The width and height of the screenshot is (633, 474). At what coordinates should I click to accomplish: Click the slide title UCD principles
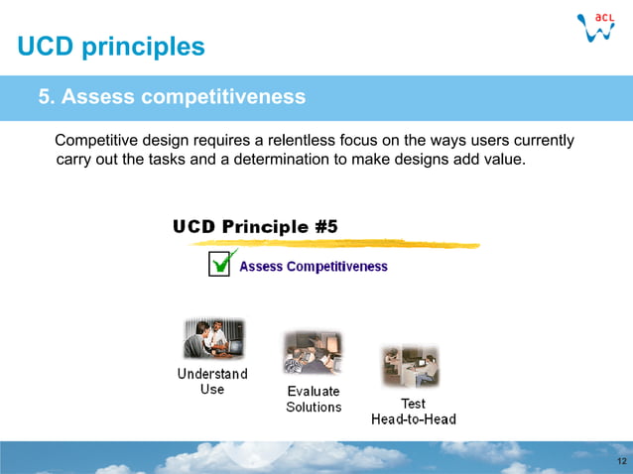(111, 46)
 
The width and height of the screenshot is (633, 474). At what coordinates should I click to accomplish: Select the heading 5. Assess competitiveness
(171, 97)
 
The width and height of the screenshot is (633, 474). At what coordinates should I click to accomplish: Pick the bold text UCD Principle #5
(255, 226)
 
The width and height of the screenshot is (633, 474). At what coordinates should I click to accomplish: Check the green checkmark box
(221, 264)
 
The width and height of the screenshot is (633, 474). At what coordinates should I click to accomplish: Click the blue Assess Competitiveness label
(314, 266)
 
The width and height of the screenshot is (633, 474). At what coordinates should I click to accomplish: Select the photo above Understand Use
(212, 340)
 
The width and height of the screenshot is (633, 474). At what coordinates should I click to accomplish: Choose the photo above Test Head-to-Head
(411, 366)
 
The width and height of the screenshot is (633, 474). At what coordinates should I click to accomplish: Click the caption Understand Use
(212, 382)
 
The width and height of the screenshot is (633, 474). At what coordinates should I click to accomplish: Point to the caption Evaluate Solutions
(314, 399)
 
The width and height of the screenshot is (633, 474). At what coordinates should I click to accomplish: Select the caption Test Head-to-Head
(414, 412)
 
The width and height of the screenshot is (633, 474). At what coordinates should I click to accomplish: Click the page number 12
(621, 463)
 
